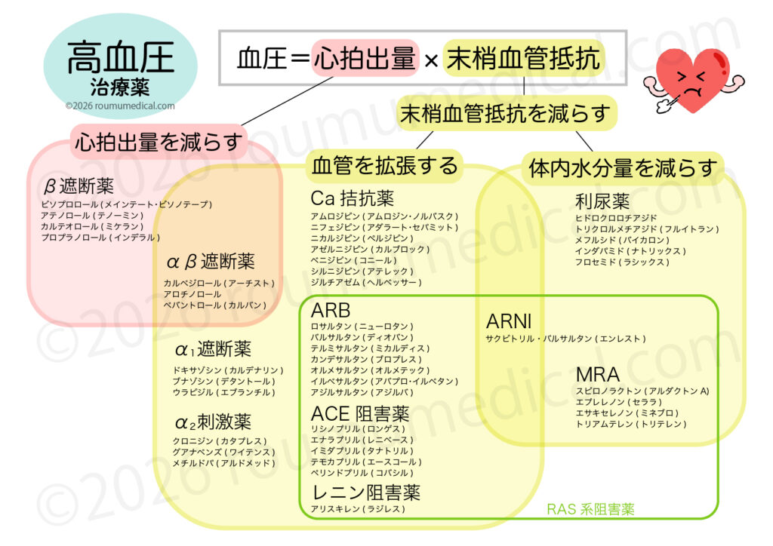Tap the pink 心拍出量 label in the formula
coord(365,57)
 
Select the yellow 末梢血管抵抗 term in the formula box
coord(523,57)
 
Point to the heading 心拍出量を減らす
coord(159,141)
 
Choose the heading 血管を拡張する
coord(385,164)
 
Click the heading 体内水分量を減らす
coord(622,167)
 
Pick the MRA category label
coord(597,374)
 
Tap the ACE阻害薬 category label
coord(360,413)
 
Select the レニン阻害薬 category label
coord(365,492)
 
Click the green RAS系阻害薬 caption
coord(590,509)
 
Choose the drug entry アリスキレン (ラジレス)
coord(358,509)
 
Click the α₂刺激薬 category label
coord(213,422)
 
